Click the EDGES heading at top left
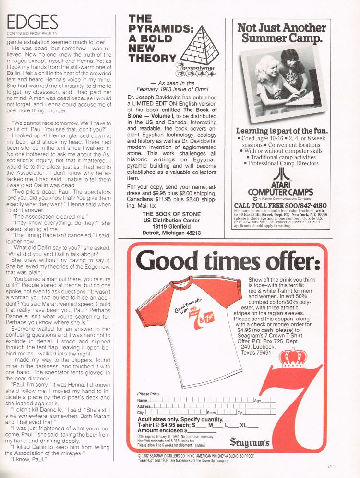coord(33,22)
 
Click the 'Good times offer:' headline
coord(228,261)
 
